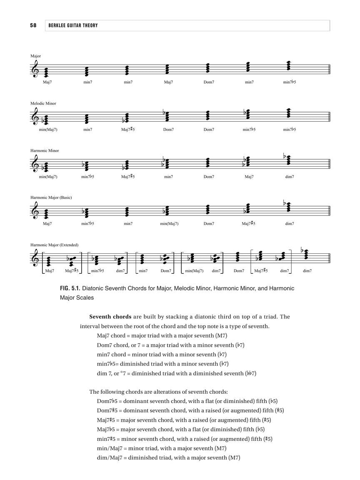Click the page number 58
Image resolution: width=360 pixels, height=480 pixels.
pos(33,25)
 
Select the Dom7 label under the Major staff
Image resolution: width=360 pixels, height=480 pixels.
pos(209,82)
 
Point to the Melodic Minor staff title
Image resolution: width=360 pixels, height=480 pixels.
pos(43,103)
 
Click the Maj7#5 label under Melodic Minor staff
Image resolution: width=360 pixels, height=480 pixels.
pos(128,129)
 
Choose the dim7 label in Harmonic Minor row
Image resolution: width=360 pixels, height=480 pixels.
pos(290,177)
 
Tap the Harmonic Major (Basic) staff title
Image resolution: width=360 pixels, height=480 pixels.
pos(51,197)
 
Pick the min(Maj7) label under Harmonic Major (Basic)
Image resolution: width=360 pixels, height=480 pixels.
pos(169,224)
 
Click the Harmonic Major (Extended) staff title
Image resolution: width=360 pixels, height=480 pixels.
pos(54,245)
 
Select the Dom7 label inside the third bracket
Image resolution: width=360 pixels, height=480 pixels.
pos(165,271)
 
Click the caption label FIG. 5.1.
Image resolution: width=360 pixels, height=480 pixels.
pos(72,288)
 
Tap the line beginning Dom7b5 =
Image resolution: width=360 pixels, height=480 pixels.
pos(187,401)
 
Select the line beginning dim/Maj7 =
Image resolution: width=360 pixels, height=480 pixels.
pos(168,457)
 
